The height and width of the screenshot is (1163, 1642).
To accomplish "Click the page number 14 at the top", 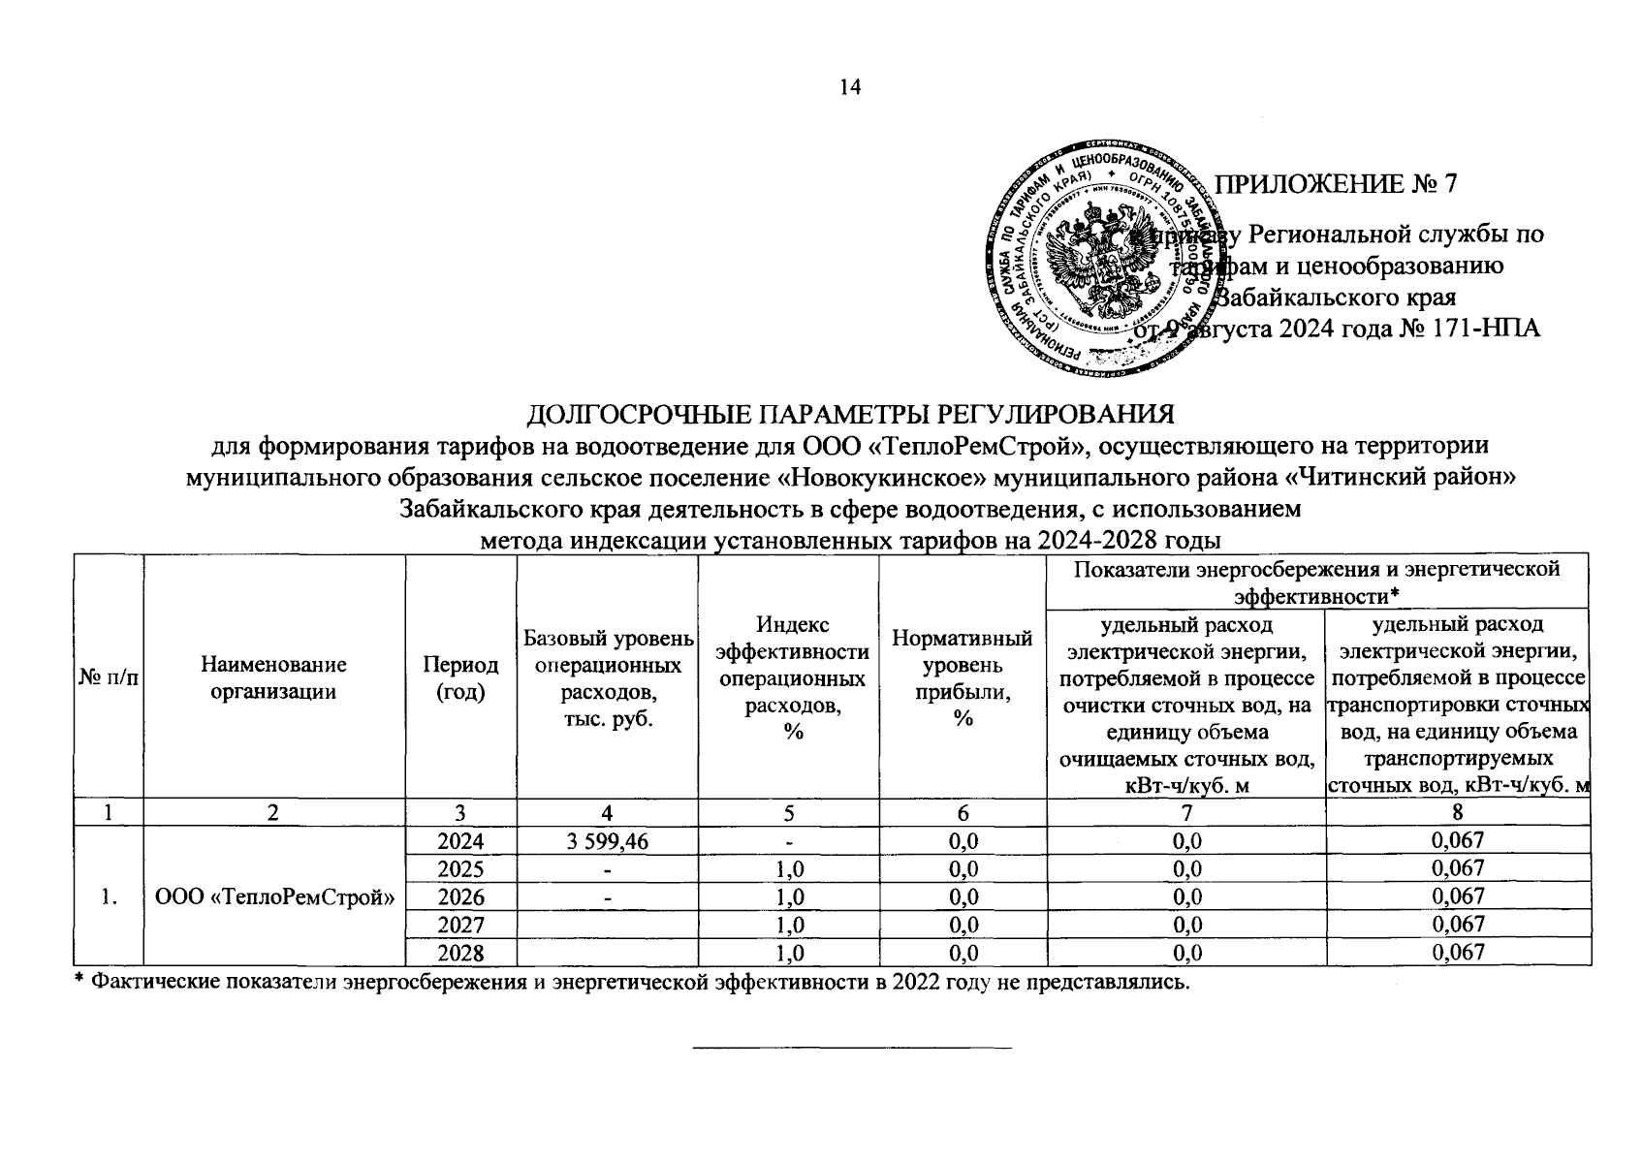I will (850, 88).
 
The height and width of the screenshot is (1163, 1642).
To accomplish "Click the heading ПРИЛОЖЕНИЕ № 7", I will (1337, 184).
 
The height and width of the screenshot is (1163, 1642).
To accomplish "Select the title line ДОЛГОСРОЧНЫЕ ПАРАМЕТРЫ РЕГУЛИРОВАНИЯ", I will (849, 415).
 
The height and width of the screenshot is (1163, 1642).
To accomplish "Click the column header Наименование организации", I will (273, 677).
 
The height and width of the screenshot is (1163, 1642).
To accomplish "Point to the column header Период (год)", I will (460, 677).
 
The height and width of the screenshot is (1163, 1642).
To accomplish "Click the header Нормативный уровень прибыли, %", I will (962, 677).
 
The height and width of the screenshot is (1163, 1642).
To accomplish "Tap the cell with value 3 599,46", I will (607, 840).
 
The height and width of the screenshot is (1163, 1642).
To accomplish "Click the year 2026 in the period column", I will (460, 896).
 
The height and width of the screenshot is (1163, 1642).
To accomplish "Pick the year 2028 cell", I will (460, 953).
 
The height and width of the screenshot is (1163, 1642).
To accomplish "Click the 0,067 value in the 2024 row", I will (1458, 840).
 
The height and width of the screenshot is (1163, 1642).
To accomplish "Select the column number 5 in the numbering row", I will (787, 812).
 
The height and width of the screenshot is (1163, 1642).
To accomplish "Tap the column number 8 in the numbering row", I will (1458, 812).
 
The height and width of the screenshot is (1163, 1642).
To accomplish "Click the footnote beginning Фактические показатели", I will (630, 982).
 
